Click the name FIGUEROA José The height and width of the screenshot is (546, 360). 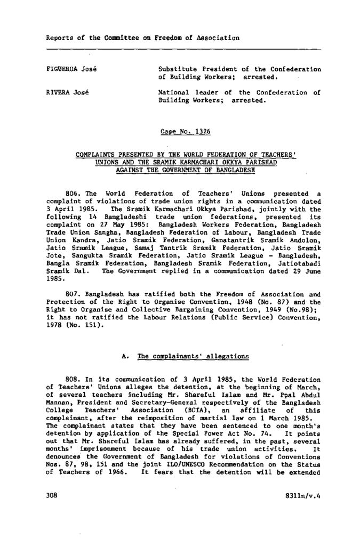pyautogui.click(x=71, y=70)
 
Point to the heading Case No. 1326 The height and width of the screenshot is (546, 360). pyautogui.click(x=182, y=131)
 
